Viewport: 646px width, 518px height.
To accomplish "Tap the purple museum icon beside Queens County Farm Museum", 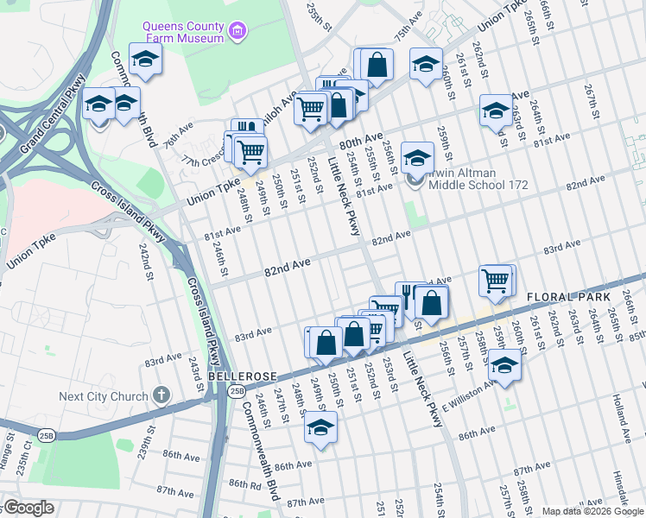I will pyautogui.click(x=238, y=33).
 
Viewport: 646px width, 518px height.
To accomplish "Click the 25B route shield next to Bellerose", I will pyautogui.click(x=237, y=393).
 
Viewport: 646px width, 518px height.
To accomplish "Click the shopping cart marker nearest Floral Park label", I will pyautogui.click(x=496, y=281).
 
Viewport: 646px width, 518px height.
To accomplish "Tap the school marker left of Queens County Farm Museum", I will pyautogui.click(x=145, y=60).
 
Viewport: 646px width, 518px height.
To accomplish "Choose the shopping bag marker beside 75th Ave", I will pyautogui.click(x=377, y=65).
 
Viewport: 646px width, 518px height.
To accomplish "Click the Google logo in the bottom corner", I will pyautogui.click(x=28, y=509).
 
